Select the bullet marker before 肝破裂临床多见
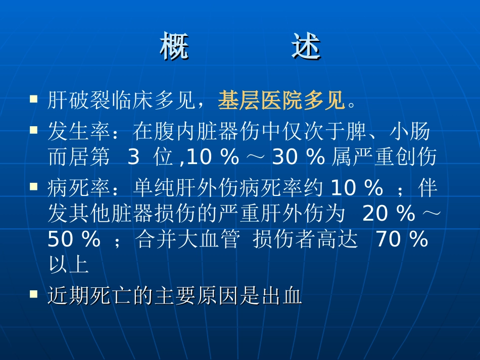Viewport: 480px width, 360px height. (x=34, y=98)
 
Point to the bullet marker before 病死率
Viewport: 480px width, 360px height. (x=34, y=186)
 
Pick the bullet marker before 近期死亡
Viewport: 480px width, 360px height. (x=34, y=293)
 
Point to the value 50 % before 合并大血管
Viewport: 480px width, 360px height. (x=74, y=240)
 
